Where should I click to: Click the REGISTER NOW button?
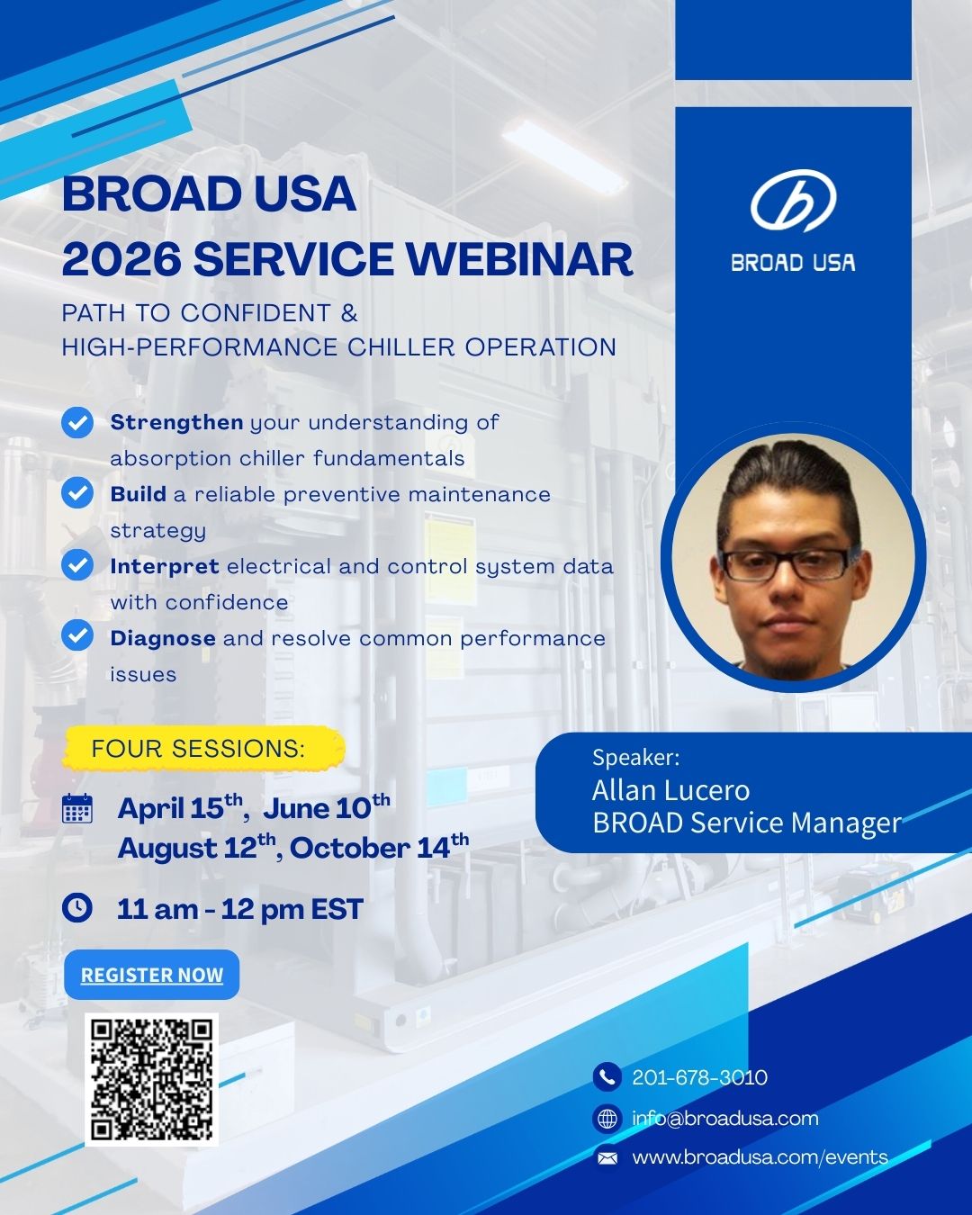[x=151, y=975]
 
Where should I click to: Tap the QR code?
[x=151, y=1079]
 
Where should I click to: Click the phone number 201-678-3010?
[x=700, y=1077]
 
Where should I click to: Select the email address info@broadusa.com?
[x=725, y=1118]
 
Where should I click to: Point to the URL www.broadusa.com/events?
[x=760, y=1156]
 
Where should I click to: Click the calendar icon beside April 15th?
[x=76, y=808]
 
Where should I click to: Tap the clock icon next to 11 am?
[x=76, y=908]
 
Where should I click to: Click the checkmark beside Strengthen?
[x=77, y=422]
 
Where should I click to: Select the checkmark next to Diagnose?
[x=77, y=635]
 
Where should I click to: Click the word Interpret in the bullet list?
[x=165, y=566]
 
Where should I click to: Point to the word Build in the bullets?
[x=139, y=494]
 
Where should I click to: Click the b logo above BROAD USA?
[x=794, y=201]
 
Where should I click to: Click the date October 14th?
[x=379, y=846]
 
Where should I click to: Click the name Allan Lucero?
[x=671, y=790]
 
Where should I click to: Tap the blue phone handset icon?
[x=607, y=1076]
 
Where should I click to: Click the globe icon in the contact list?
[x=607, y=1118]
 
